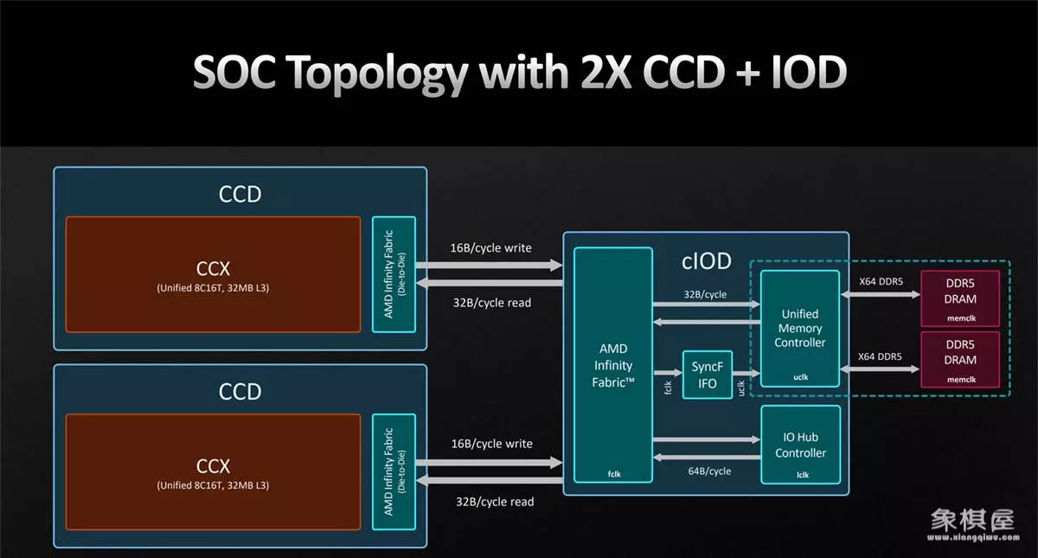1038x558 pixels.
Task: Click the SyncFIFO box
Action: [x=708, y=375]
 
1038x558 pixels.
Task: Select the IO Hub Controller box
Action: [x=801, y=445]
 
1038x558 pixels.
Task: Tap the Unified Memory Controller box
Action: [x=800, y=329]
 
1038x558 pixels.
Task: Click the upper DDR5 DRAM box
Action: [x=960, y=298]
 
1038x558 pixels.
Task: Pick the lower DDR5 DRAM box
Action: [x=960, y=360]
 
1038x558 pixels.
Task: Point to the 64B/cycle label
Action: [x=709, y=471]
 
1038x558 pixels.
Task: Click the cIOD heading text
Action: [x=706, y=261]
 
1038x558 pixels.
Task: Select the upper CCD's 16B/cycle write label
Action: [x=490, y=248]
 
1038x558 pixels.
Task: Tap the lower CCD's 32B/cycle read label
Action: [x=495, y=502]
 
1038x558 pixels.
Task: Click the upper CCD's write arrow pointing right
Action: [x=490, y=266]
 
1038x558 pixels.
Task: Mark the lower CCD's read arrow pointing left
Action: [x=490, y=481]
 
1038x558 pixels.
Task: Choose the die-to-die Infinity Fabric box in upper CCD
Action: [x=394, y=274]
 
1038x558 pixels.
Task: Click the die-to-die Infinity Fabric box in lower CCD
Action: [x=394, y=471]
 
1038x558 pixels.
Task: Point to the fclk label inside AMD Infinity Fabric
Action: [x=614, y=474]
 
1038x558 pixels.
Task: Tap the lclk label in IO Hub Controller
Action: [x=803, y=475]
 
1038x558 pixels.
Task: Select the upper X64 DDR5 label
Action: [x=881, y=281]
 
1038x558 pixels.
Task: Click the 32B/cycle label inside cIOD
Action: [x=705, y=295]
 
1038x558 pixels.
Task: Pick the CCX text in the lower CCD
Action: [x=213, y=466]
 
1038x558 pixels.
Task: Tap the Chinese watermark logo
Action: [x=972, y=521]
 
